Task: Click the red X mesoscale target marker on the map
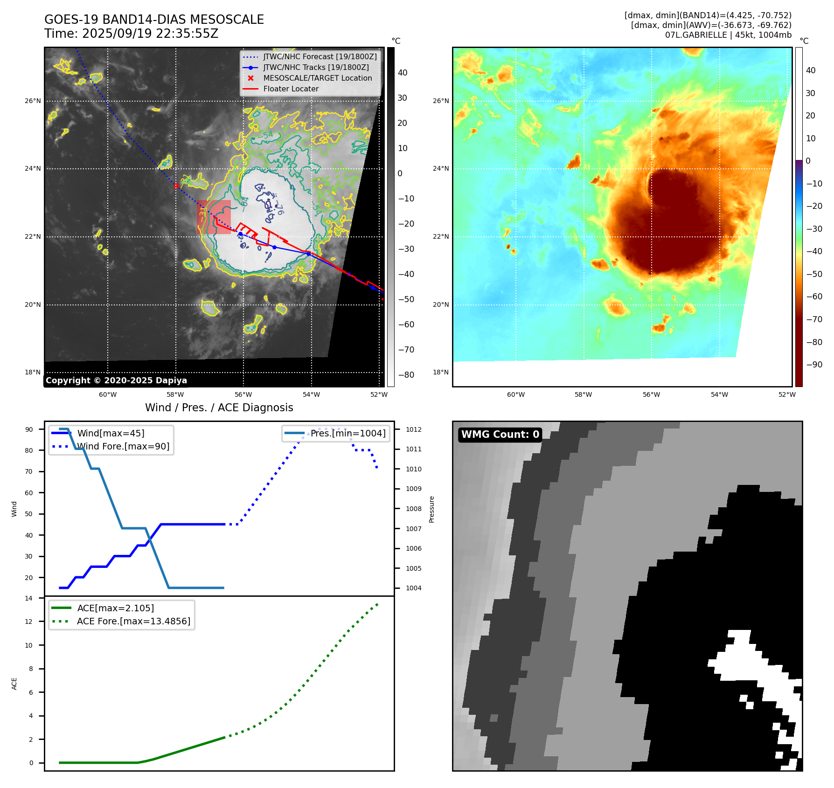(x=176, y=186)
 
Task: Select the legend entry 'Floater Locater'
(x=291, y=89)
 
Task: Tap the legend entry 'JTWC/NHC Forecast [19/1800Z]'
(x=320, y=57)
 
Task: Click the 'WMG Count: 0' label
(x=500, y=435)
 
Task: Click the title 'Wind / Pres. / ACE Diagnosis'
(x=219, y=408)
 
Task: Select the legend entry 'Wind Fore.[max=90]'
(x=123, y=447)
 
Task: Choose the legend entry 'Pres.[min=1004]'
(x=348, y=434)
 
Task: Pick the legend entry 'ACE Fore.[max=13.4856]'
(x=133, y=622)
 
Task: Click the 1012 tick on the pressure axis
(x=413, y=429)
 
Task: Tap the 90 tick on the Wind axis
(x=29, y=429)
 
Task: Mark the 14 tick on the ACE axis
(x=29, y=598)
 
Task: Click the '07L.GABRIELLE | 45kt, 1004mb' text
(x=728, y=35)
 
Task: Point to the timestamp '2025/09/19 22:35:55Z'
(x=150, y=34)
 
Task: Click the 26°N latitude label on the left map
(x=33, y=101)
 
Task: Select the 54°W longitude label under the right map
(x=719, y=394)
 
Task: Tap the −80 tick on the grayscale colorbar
(x=406, y=375)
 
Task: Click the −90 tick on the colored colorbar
(x=814, y=365)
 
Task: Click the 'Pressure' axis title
(x=431, y=509)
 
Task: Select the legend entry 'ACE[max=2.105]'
(x=115, y=608)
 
